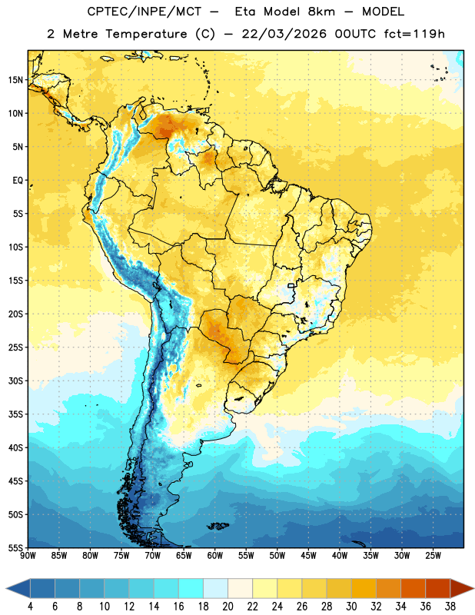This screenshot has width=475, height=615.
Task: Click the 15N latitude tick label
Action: point(15,80)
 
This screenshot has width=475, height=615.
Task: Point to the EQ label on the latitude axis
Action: point(18,181)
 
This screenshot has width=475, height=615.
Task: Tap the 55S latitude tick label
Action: point(15,547)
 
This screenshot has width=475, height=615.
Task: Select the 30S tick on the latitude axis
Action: point(15,381)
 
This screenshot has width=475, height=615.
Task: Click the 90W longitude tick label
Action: point(28,555)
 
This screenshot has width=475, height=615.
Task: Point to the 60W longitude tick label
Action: point(215,555)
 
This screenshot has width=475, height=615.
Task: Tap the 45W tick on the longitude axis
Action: point(308,555)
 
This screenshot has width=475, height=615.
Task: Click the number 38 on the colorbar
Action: point(450,607)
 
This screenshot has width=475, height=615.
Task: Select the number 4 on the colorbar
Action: point(30,607)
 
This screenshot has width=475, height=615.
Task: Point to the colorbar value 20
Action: point(228,607)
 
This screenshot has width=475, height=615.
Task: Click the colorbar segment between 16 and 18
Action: point(191,588)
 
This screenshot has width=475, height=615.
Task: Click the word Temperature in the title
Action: point(146,34)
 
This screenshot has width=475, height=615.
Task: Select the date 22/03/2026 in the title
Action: point(284,34)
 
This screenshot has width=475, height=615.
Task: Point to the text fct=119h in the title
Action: point(414,34)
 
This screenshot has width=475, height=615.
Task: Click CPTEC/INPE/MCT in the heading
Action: point(144,12)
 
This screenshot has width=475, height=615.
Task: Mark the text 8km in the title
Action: point(321,12)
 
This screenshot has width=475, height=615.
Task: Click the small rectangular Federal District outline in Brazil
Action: point(291,285)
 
